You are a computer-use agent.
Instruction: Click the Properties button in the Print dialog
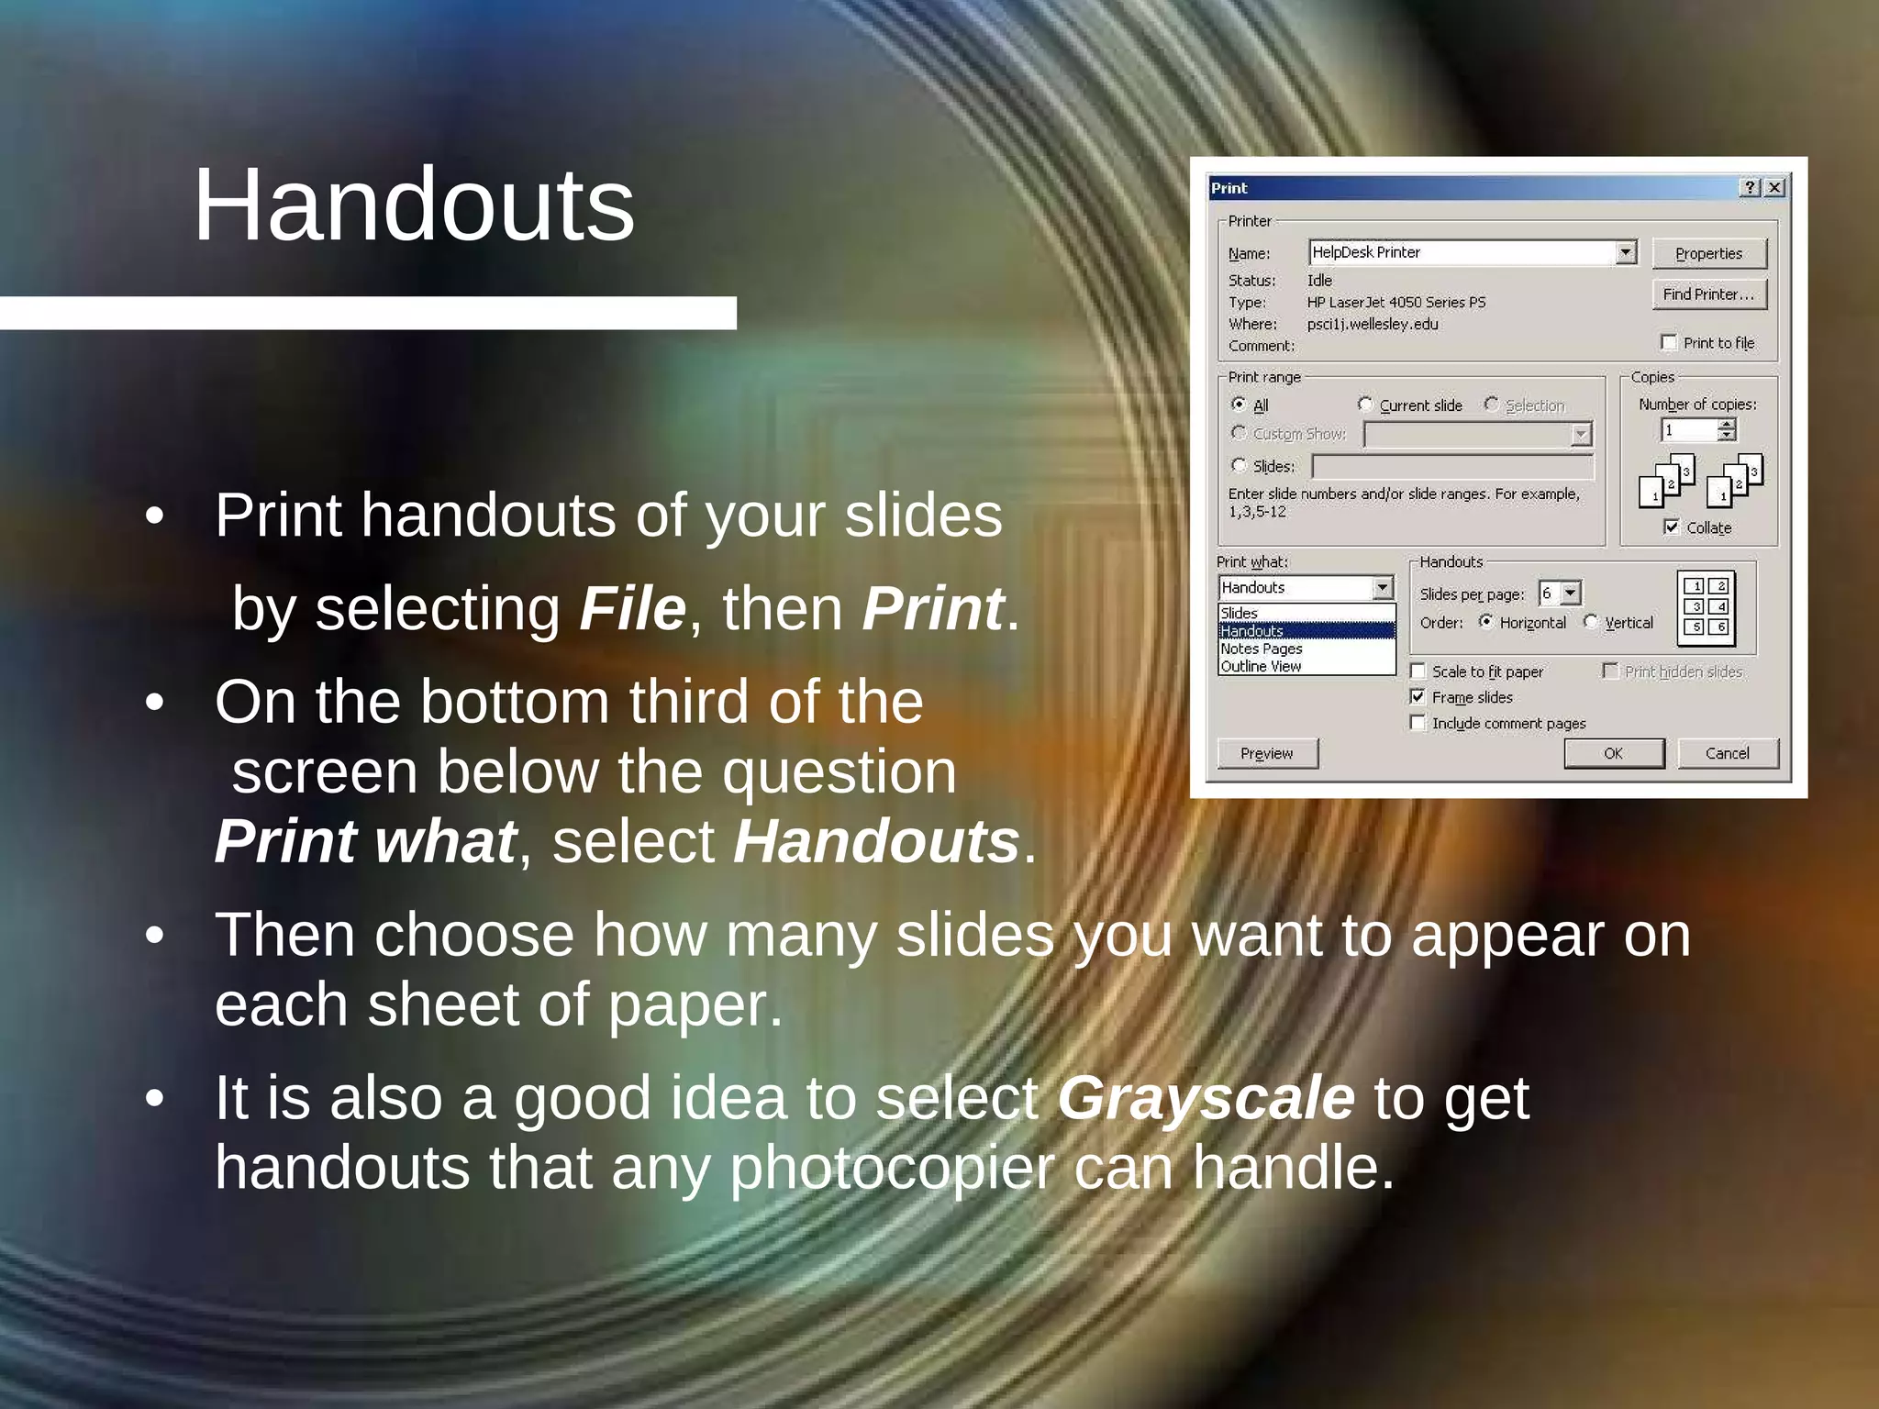point(1708,254)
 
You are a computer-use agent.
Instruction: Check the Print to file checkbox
point(1669,343)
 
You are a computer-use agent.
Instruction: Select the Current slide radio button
point(1365,405)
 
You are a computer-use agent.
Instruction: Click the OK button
point(1613,753)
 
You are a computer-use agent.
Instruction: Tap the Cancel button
point(1727,753)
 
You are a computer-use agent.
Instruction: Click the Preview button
point(1266,753)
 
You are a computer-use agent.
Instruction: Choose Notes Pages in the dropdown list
point(1262,649)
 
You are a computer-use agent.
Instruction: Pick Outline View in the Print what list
point(1262,667)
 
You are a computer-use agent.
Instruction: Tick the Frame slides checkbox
point(1418,697)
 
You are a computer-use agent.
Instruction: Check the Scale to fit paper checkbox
point(1418,671)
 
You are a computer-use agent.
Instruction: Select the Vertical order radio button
point(1591,622)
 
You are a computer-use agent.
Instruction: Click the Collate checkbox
point(1672,527)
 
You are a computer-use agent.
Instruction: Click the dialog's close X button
point(1775,188)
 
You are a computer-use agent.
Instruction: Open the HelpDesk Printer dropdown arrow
point(1626,252)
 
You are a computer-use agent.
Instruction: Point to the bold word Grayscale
point(1206,1098)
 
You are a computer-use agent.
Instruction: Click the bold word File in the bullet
point(632,608)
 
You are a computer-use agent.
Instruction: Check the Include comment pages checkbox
point(1418,723)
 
